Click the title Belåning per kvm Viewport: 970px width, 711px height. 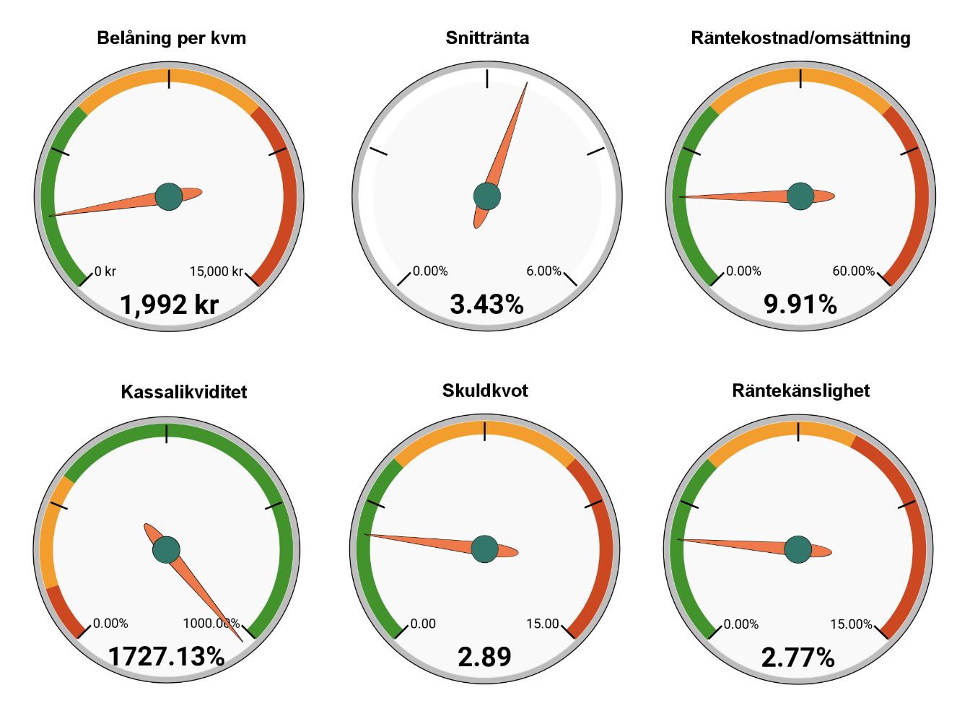[171, 38]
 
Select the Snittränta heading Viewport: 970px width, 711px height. [487, 38]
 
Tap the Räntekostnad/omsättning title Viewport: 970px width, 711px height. [800, 38]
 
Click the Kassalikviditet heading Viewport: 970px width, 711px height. [183, 392]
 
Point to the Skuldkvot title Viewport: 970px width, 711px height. [485, 391]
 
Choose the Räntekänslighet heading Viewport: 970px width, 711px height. [800, 391]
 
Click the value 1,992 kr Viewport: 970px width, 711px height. [169, 305]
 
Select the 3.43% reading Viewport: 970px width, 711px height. [486, 305]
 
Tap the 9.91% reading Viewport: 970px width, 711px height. [800, 305]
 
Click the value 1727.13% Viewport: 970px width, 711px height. [166, 657]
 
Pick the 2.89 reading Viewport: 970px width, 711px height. [484, 657]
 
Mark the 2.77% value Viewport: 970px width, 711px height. [798, 658]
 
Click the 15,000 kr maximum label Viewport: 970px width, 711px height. [216, 271]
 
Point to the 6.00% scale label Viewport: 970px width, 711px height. [543, 271]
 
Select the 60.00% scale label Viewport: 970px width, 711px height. [853, 271]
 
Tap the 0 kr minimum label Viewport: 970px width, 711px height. [105, 271]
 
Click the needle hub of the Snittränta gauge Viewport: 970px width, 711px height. [487, 196]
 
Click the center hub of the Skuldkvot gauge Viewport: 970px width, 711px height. [484, 549]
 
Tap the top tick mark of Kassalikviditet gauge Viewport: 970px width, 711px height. [167, 433]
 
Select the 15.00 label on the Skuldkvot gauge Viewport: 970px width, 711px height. [542, 624]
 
